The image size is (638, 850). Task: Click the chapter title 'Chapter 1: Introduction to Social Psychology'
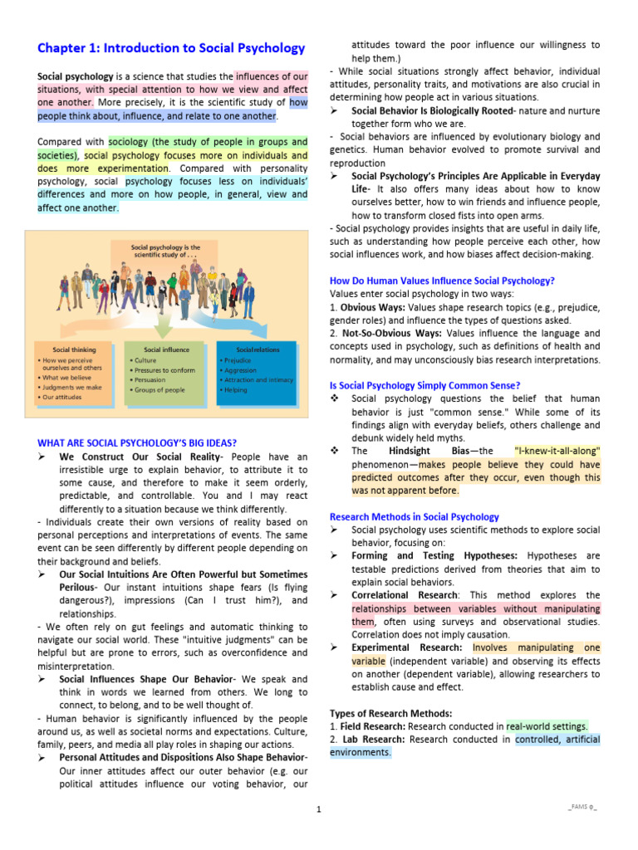171,48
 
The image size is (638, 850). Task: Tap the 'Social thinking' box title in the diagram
74,349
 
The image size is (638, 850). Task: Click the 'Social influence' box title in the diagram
166,349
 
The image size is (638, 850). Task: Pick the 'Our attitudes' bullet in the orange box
60,398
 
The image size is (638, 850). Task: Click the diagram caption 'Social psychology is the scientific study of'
166,252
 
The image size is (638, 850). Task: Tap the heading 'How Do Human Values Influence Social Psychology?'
442,281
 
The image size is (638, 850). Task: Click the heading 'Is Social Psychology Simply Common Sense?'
425,385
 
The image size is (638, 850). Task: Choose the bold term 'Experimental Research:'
408,647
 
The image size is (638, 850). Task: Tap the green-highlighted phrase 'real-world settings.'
547,726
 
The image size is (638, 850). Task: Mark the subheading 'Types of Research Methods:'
390,713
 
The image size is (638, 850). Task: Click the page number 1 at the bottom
318,809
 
